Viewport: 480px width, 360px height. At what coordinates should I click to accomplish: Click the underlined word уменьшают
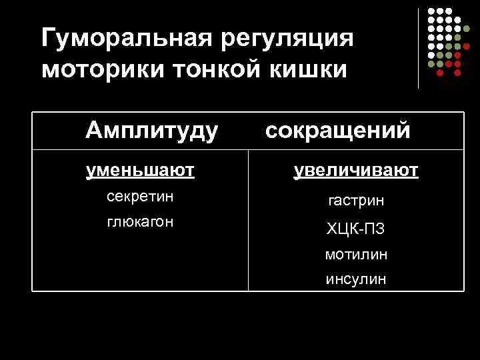[140, 171]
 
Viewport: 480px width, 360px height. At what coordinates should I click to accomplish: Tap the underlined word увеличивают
[356, 171]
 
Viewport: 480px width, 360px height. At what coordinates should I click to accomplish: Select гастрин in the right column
[355, 201]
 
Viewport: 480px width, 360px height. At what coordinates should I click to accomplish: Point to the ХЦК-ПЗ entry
[355, 229]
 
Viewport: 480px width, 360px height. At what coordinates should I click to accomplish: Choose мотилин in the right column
[355, 255]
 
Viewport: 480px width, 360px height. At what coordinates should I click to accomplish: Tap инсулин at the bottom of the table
[355, 279]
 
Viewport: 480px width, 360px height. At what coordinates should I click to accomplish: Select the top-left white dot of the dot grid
[431, 12]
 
